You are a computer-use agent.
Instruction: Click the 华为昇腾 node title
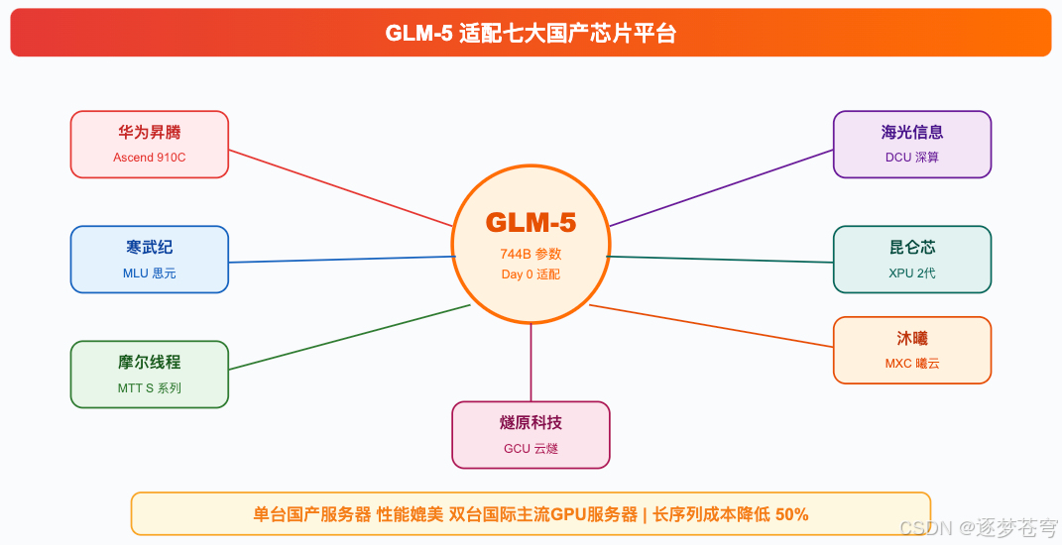pos(149,132)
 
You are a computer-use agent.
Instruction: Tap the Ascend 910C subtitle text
pos(149,158)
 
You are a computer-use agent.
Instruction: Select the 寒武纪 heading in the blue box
pos(149,247)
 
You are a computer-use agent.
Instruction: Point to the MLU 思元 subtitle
pos(149,273)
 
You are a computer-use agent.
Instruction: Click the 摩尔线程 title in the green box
pos(149,362)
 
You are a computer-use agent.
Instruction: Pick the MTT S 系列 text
pos(149,388)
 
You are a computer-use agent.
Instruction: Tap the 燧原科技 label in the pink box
pos(531,423)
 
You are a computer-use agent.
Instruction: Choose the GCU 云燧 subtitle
pos(531,449)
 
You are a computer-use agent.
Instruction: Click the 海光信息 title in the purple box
pos(911,132)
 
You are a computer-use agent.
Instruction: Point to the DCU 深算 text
pos(911,158)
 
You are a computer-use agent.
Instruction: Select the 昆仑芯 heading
pos(911,247)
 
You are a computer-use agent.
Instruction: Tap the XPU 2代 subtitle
pos(911,273)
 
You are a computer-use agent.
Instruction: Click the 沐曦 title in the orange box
pos(911,338)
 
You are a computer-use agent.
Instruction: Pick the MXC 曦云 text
pos(911,364)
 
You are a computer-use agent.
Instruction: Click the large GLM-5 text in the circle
pos(531,222)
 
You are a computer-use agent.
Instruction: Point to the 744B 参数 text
pos(531,254)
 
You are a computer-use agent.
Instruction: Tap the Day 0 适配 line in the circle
pos(531,274)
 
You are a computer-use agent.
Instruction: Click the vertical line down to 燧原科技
pos(531,362)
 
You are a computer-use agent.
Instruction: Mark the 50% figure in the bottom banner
pos(791,514)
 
